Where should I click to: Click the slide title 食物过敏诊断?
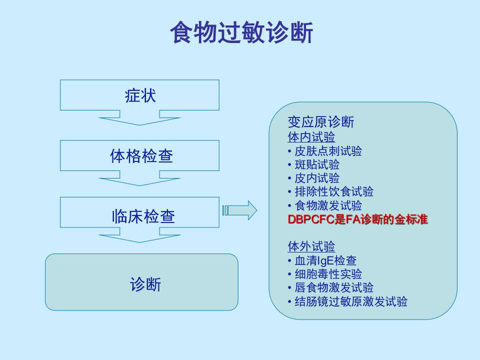(241, 32)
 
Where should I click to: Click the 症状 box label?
(140, 95)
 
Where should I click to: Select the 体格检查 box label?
(141, 156)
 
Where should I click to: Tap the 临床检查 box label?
(143, 216)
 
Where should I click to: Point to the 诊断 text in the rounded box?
(145, 284)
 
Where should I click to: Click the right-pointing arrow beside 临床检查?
(239, 210)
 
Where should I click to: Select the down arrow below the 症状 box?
(139, 118)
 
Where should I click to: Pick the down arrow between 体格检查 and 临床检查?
(139, 178)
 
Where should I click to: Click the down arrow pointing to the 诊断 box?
(139, 235)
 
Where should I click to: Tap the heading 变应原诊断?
(321, 122)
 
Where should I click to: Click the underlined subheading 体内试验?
(311, 137)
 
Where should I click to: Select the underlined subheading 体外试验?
(311, 246)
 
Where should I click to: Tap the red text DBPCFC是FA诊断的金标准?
(357, 219)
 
